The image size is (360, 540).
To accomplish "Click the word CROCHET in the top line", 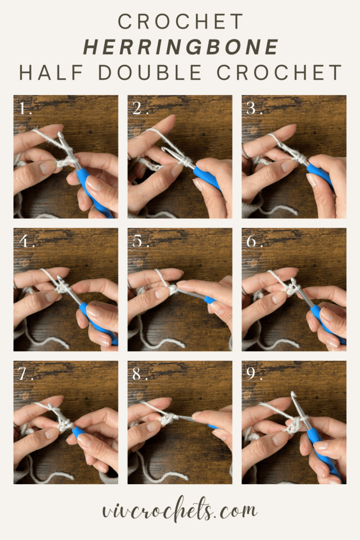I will tap(180, 22).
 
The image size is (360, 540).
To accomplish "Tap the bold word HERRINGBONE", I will tap(181, 47).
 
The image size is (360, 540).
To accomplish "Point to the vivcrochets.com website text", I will tap(180, 510).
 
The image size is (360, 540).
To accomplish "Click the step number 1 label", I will tap(25, 109).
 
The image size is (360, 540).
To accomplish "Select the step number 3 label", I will tap(255, 109).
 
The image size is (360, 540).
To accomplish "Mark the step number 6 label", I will tap(255, 242).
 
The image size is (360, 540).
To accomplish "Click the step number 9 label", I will tap(255, 374).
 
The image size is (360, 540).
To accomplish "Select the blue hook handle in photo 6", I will tap(323, 320).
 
